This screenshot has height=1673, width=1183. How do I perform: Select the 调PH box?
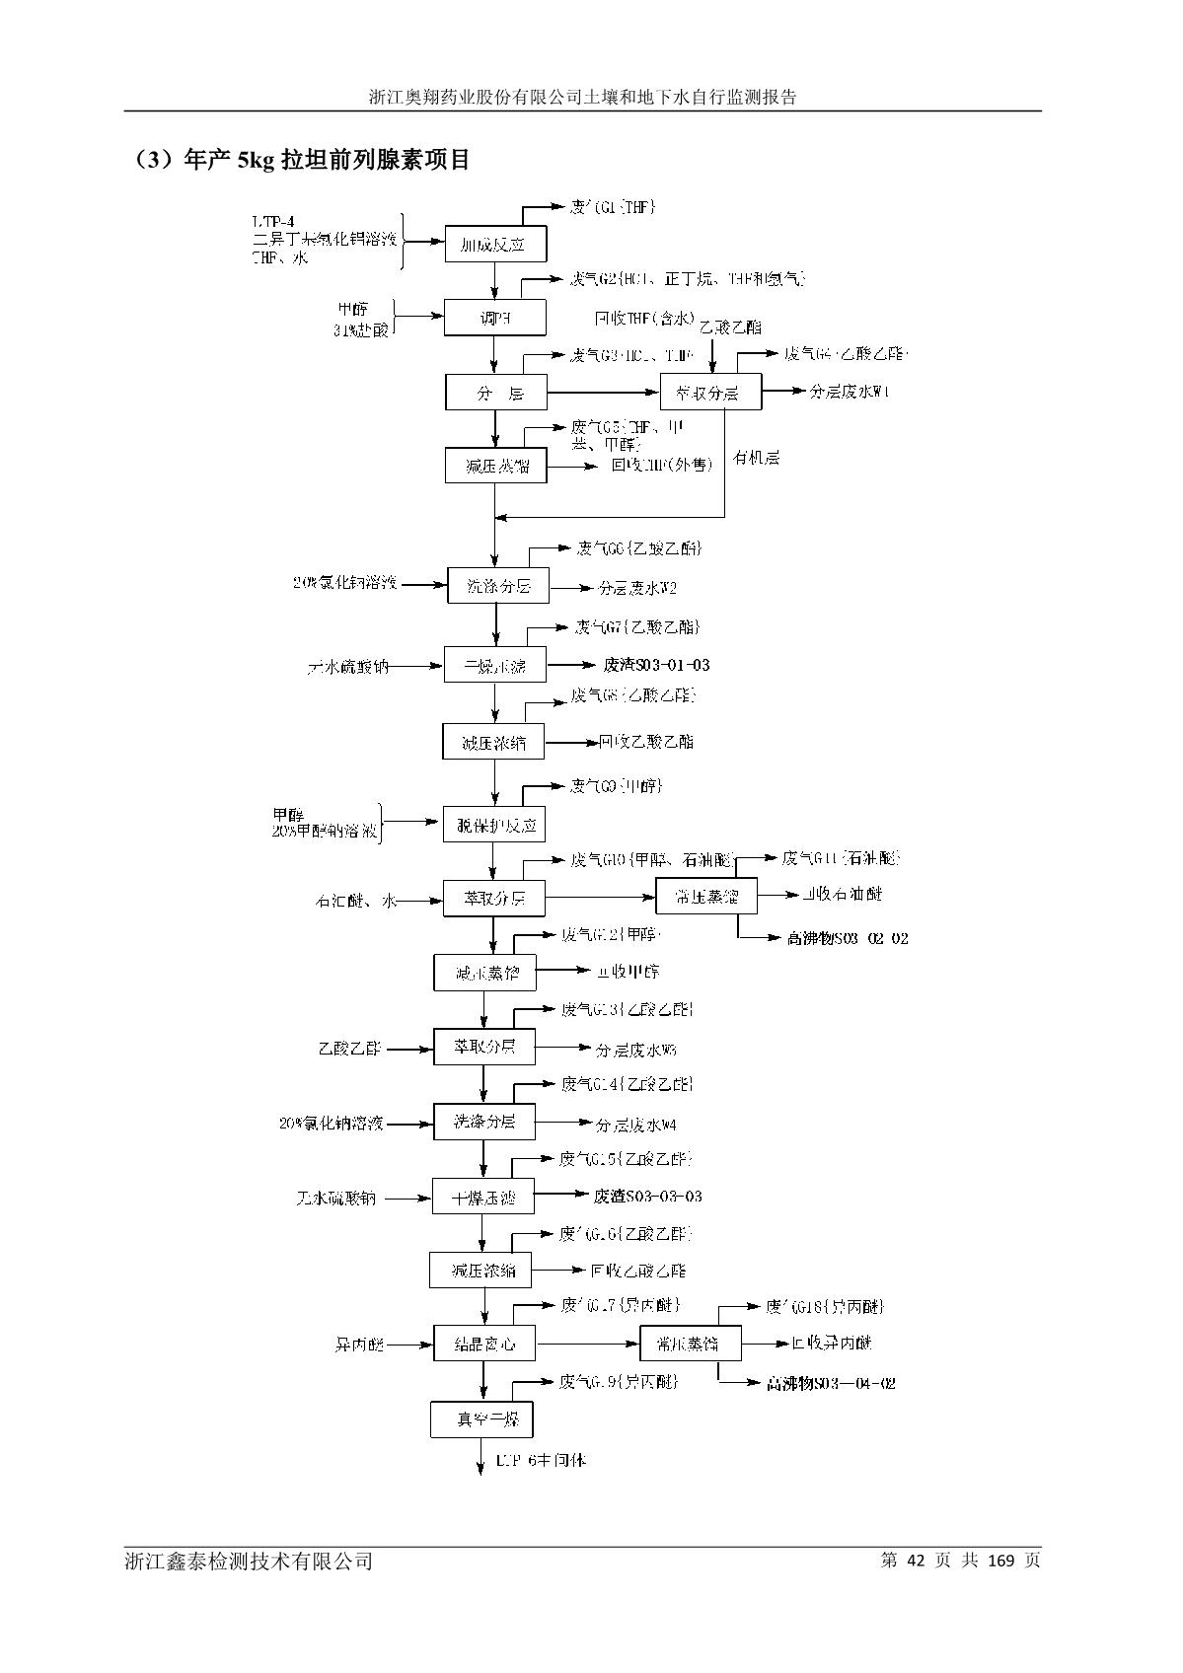495,319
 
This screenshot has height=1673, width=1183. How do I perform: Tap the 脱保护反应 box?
493,825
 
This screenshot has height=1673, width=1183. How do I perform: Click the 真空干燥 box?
481,1420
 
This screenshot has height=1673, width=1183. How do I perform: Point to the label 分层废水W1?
850,392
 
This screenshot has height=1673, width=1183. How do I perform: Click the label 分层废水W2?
637,588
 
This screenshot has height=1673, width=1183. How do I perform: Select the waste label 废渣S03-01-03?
656,665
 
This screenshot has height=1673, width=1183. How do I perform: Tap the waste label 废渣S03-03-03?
648,1197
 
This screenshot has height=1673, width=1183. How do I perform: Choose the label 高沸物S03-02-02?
848,938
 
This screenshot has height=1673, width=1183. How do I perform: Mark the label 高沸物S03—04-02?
831,1383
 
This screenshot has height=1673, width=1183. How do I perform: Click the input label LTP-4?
273,221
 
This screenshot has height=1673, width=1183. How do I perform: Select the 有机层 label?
757,458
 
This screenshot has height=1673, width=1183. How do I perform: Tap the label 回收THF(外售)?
661,466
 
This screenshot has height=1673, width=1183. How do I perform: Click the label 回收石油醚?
842,894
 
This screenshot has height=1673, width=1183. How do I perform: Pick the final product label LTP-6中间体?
541,1459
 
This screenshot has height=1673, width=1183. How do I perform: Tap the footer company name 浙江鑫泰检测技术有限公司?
249,1561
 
